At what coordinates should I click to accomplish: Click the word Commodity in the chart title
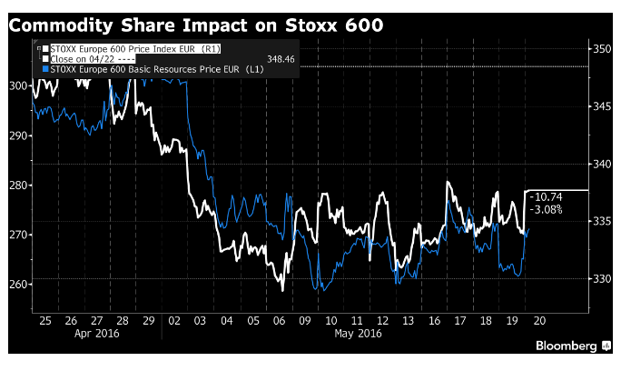pos(61,25)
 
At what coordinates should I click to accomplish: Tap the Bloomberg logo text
pos(566,346)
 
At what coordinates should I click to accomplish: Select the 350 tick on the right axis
pos(602,49)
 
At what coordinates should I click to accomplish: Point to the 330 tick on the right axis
pos(602,278)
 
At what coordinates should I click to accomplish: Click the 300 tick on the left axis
pos(18,85)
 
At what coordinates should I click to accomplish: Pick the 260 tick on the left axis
pos(18,285)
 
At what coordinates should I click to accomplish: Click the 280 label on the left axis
pos(18,185)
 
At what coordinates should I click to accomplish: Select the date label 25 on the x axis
pos(45,321)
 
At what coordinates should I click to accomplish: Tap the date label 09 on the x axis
pos(305,321)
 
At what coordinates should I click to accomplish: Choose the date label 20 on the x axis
pos(539,321)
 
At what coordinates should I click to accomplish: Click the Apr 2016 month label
pos(96,334)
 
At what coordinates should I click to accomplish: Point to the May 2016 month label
pos(358,334)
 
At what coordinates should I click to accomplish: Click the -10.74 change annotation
pos(546,197)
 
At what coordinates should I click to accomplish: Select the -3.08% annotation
pos(546,209)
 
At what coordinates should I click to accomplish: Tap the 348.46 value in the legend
pos(281,59)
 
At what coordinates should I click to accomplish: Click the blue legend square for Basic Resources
pos(45,69)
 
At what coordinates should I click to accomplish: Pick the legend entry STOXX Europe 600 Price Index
pos(135,49)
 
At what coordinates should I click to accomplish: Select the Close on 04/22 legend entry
pos(93,59)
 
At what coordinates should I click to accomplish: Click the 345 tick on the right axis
pos(602,106)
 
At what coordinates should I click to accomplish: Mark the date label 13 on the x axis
pos(408,321)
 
